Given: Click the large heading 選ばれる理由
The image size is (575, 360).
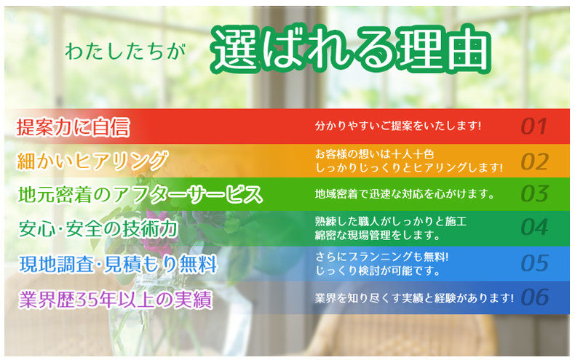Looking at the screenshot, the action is click(x=351, y=49).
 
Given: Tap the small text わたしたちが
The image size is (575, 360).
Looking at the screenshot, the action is click(x=125, y=51).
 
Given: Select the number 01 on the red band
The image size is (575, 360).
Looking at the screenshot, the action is click(x=534, y=127).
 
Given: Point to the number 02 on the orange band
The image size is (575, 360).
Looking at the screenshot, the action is click(x=535, y=162).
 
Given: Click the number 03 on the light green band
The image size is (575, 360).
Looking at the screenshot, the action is click(x=535, y=194).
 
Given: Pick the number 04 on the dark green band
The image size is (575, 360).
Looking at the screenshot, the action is click(x=535, y=228).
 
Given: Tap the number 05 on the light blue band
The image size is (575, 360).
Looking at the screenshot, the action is click(x=535, y=263).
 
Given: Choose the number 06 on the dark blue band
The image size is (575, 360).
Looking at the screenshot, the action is click(x=535, y=297).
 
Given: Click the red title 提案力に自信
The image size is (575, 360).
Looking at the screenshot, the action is click(x=74, y=127).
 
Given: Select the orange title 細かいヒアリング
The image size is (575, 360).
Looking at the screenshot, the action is click(x=92, y=161).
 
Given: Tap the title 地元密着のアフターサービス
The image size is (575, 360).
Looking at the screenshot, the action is click(x=140, y=195).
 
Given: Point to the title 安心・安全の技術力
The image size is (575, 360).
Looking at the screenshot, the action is click(x=98, y=229).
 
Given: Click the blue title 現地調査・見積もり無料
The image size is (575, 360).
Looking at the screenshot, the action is click(x=118, y=264).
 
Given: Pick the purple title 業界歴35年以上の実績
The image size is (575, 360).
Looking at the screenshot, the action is click(x=116, y=300).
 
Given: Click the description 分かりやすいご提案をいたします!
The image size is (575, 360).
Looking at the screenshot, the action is click(x=398, y=126).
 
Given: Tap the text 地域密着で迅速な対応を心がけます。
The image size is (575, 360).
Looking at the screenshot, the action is click(x=405, y=194).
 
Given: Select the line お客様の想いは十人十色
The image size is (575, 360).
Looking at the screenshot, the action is click(x=374, y=154).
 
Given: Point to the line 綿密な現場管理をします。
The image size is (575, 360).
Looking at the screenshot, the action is click(x=378, y=235).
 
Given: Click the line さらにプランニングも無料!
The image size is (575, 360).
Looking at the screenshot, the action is click(x=381, y=257).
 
